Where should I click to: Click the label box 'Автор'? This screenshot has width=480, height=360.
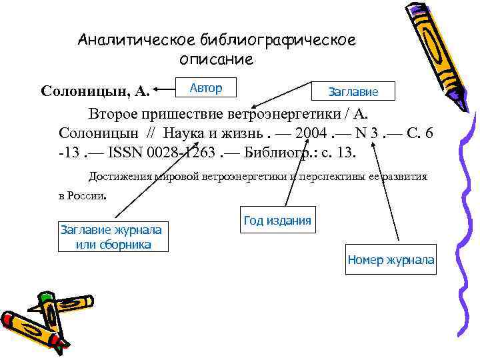(x=205, y=88)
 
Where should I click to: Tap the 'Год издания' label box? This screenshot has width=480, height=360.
(x=277, y=221)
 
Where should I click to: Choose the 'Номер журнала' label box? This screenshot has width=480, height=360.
(x=391, y=260)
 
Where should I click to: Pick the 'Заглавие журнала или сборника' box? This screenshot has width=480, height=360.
(x=111, y=237)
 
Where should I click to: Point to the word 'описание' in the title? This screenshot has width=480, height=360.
(x=216, y=59)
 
